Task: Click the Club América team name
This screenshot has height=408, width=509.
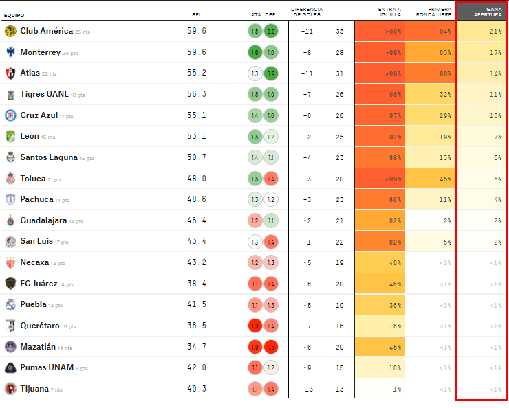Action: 46,31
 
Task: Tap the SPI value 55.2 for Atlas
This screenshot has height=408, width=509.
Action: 196,73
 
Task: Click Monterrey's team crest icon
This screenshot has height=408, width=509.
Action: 10,52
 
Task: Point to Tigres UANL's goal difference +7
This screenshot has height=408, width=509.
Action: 306,94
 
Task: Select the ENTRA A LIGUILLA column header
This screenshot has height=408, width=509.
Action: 389,12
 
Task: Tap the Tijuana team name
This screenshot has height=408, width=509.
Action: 35,389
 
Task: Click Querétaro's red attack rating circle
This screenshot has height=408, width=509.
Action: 254,326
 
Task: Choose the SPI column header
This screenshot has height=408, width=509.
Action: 196,14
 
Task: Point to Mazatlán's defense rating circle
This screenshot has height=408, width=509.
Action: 271,347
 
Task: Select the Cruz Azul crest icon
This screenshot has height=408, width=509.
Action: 10,115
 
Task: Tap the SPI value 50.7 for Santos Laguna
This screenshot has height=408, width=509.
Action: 196,157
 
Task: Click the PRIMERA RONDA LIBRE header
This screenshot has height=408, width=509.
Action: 439,12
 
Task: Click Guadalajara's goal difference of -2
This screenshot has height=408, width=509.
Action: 306,220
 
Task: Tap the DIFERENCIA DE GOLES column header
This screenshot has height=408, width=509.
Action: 307,12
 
